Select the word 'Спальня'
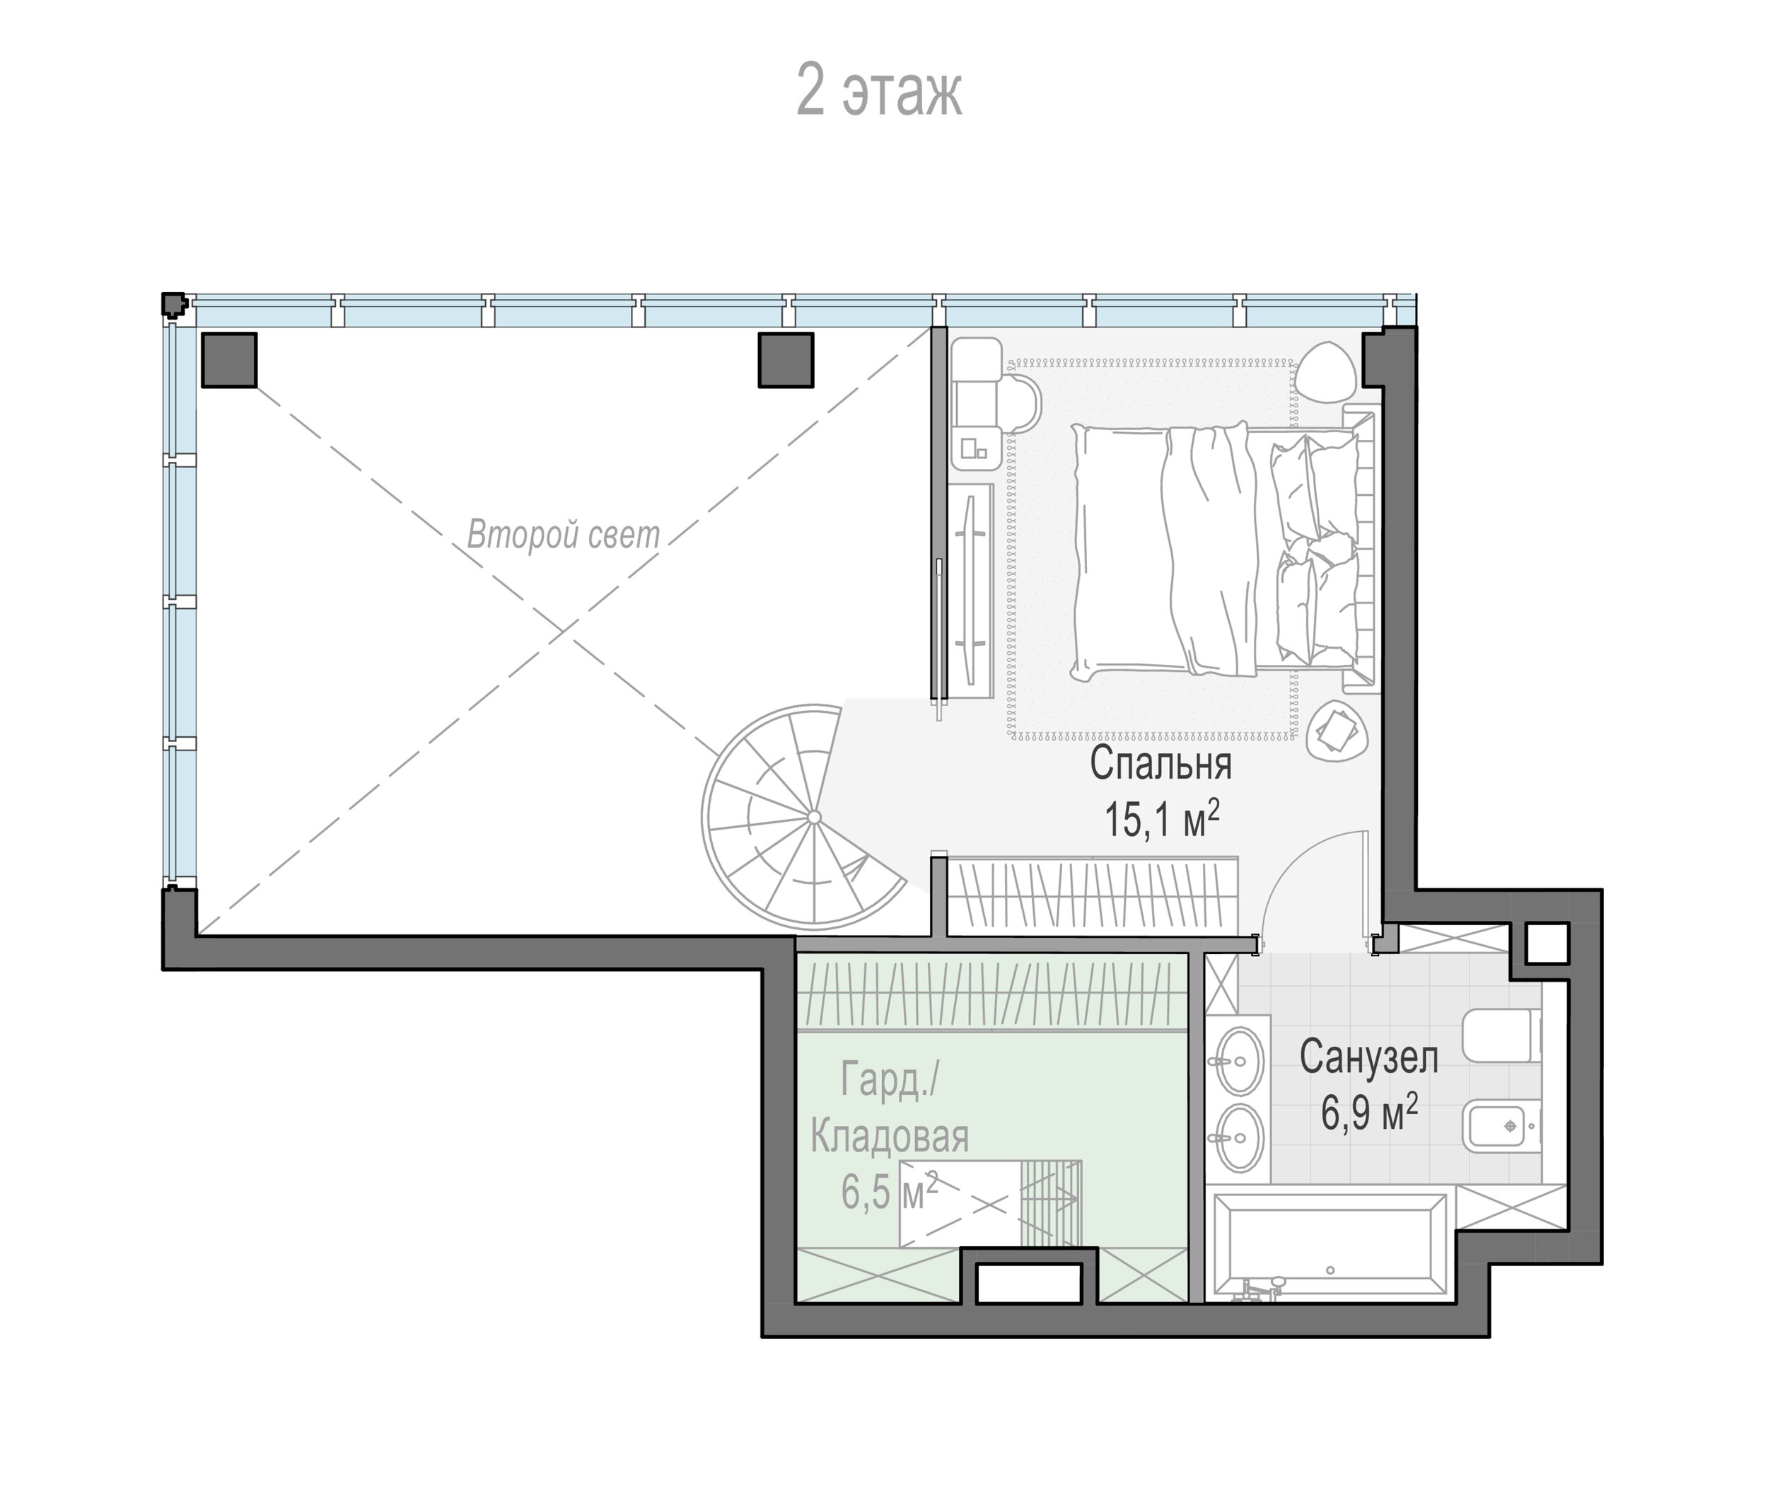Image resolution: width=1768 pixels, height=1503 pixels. [1161, 763]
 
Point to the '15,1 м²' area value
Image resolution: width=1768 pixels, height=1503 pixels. [1161, 818]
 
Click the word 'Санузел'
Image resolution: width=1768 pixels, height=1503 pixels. [1368, 1057]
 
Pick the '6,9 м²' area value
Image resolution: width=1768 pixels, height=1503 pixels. [1369, 1112]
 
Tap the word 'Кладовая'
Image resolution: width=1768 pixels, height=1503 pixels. [890, 1136]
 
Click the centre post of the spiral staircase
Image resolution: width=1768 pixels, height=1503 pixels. [814, 817]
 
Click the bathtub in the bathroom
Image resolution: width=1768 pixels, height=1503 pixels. [1330, 1245]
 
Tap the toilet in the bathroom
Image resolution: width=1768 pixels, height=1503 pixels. [1501, 1035]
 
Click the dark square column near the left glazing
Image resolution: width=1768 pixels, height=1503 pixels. [229, 359]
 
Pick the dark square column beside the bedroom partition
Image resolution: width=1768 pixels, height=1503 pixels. [786, 359]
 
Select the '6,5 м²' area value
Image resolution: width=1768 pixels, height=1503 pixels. [890, 1190]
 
